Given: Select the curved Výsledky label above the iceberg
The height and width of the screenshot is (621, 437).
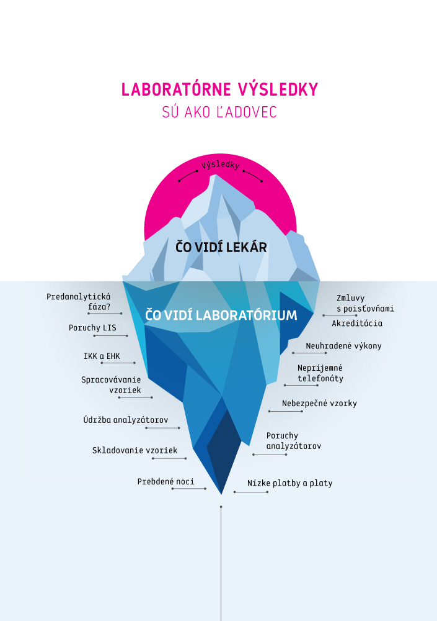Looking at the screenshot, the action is (x=220, y=165).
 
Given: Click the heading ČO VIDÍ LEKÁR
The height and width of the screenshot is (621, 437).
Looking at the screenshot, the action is (x=221, y=247).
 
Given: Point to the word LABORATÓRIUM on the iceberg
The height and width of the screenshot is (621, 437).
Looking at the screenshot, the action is (x=246, y=315).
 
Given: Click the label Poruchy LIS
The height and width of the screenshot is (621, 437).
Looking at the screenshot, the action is (x=92, y=328).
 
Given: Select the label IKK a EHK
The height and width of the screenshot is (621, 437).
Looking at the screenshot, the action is (x=102, y=356).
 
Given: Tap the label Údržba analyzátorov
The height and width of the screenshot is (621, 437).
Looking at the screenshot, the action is (x=126, y=419).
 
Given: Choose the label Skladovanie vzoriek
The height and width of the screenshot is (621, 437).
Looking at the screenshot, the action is (x=135, y=450).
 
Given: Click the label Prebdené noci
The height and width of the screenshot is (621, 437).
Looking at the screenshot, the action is (x=166, y=482).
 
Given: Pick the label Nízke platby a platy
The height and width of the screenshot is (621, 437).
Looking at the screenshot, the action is (x=290, y=483).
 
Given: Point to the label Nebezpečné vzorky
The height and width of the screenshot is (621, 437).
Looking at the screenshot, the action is (x=320, y=403).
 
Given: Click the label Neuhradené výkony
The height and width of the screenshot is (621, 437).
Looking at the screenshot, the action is (x=343, y=346).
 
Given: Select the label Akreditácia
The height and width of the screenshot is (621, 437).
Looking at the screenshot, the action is (x=357, y=323).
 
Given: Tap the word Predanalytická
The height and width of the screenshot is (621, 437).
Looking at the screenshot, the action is (x=78, y=297).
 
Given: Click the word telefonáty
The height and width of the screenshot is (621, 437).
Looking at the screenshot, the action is (x=320, y=378).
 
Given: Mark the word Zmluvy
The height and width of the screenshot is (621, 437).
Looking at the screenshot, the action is (x=350, y=298).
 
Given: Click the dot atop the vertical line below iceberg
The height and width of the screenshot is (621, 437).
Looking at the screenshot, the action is (x=221, y=507).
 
